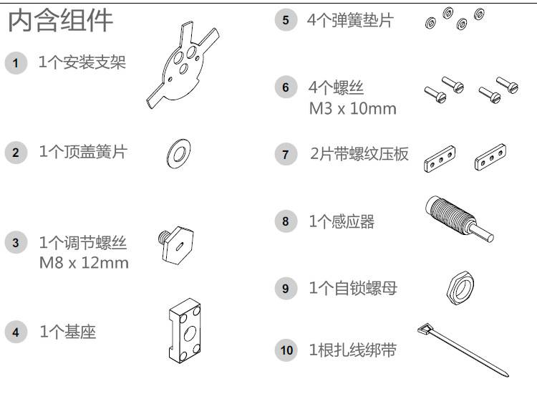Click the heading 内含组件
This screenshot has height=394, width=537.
(60, 21)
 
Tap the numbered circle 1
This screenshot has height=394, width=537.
(16, 63)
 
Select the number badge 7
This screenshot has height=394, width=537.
(286, 154)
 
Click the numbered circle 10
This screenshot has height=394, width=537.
(286, 350)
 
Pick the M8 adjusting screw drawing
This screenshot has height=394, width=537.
(176, 244)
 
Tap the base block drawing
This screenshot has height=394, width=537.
(185, 331)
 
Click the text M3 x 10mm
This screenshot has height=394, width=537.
(352, 109)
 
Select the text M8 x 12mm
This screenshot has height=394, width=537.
(84, 263)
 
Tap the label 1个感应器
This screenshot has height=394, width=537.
(342, 221)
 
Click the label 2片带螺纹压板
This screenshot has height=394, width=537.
(359, 154)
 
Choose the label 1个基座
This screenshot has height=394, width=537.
(68, 332)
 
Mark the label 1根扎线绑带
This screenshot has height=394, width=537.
(353, 350)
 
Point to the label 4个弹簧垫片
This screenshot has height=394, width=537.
(350, 20)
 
